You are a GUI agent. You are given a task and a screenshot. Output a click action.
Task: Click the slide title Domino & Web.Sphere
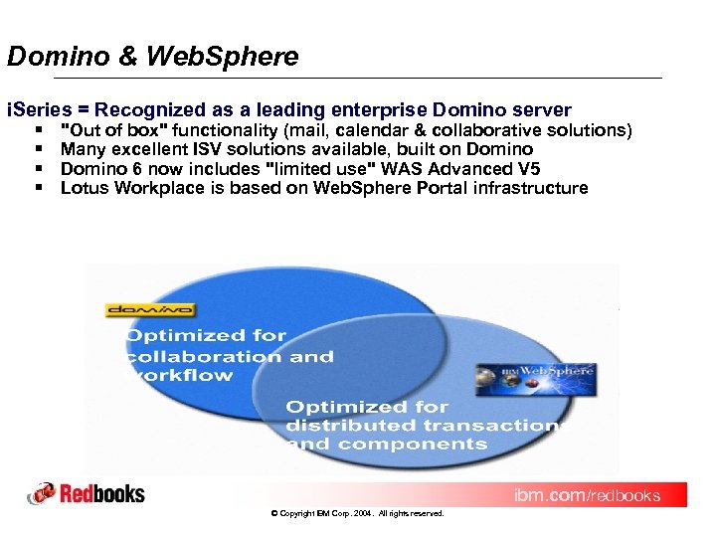[152, 57]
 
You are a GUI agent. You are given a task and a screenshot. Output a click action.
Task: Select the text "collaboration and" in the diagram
[230, 356]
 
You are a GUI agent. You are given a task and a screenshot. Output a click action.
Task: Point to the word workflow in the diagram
[180, 376]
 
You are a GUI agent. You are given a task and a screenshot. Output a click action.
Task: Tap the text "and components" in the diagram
[387, 445]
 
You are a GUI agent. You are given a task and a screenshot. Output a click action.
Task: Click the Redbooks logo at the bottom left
[87, 493]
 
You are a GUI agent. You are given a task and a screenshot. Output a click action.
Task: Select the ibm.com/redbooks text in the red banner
[586, 495]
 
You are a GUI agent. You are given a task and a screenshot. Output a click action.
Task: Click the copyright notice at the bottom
[357, 514]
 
